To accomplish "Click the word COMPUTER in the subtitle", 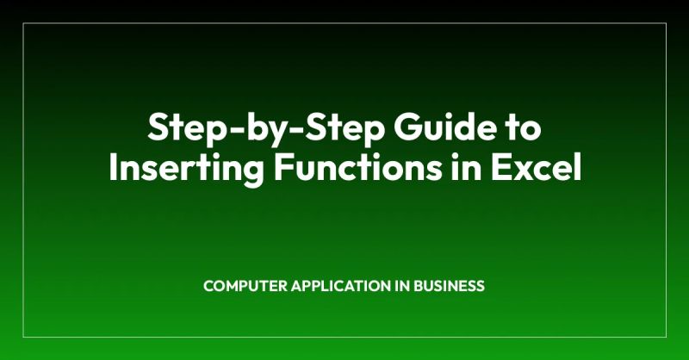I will tap(240, 286).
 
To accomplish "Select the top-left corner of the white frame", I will tap(23, 24).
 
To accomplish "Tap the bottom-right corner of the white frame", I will tap(666, 336).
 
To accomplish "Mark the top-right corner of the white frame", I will tap(666, 24).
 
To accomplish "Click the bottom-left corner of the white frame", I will tap(23, 336).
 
